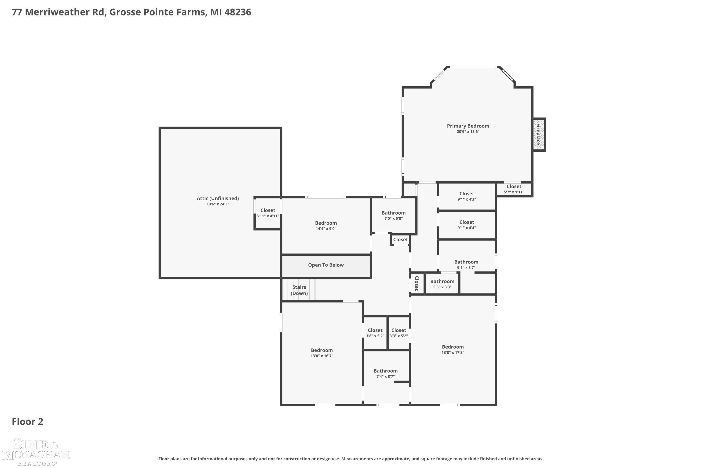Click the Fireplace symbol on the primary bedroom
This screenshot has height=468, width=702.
[x=539, y=135]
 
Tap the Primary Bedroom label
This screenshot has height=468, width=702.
[x=468, y=126]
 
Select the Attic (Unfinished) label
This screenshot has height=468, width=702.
[x=218, y=198]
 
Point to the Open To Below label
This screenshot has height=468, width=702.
[x=326, y=265]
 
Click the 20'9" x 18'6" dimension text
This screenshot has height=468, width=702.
[x=468, y=132]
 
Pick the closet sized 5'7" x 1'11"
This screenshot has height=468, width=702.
[x=514, y=189]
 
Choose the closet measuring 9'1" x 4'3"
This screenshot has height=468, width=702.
[x=467, y=196]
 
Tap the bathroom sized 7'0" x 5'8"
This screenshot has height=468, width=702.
[x=394, y=216]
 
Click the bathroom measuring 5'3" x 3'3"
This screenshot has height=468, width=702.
[x=442, y=284]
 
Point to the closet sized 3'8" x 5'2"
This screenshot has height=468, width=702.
[x=375, y=333]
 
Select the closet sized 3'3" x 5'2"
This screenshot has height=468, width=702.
[x=399, y=333]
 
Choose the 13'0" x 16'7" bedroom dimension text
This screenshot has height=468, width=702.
[x=322, y=356]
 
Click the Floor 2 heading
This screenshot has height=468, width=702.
[x=27, y=421]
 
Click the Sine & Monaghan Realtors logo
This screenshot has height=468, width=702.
[x=36, y=452]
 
